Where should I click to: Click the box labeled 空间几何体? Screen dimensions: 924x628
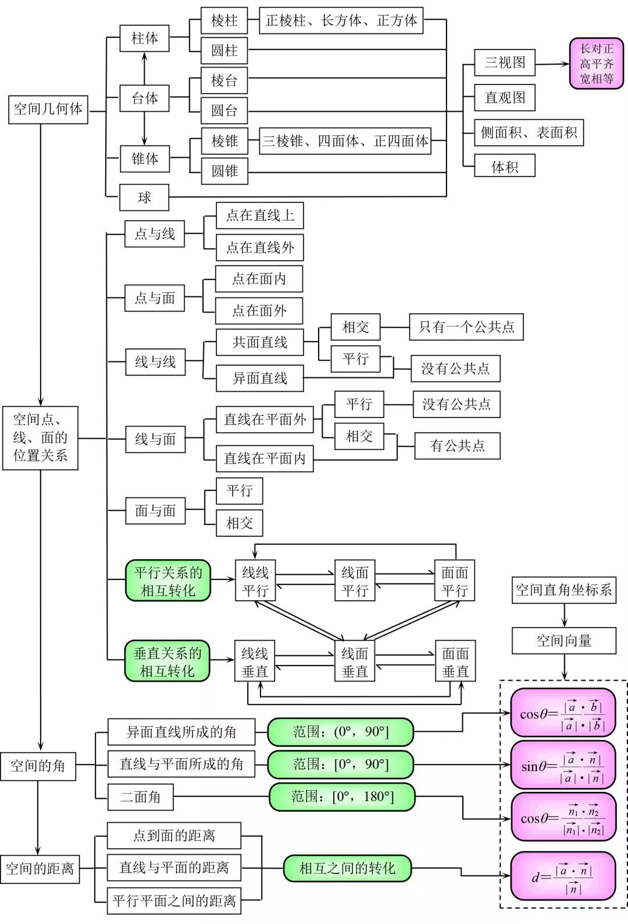[x=48, y=109]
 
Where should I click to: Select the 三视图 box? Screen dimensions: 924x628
[x=504, y=62]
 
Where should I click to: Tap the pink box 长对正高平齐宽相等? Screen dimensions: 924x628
[x=596, y=63]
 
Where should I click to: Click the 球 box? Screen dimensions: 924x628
[x=144, y=197]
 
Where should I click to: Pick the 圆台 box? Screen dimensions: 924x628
[x=224, y=111]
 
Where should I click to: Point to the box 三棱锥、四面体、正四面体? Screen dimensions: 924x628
[x=345, y=141]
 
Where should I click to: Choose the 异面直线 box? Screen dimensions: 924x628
[x=259, y=378]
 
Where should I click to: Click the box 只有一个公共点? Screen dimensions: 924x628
[x=466, y=327]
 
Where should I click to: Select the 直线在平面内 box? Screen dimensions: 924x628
[x=265, y=458]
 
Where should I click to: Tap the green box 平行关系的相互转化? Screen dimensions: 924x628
[x=168, y=581]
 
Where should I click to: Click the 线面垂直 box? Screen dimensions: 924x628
[x=355, y=662]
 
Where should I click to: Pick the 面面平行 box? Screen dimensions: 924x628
[x=455, y=581]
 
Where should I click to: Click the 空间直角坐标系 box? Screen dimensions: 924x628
[x=563, y=590]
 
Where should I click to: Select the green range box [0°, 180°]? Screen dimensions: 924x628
[x=342, y=796]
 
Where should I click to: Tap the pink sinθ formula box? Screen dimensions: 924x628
[x=562, y=766]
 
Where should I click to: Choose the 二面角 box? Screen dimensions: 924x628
[x=140, y=797]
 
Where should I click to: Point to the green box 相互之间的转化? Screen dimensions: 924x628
[x=347, y=868]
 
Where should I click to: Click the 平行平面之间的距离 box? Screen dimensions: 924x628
[x=174, y=901]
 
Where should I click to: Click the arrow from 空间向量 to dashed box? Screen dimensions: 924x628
[x=564, y=666]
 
